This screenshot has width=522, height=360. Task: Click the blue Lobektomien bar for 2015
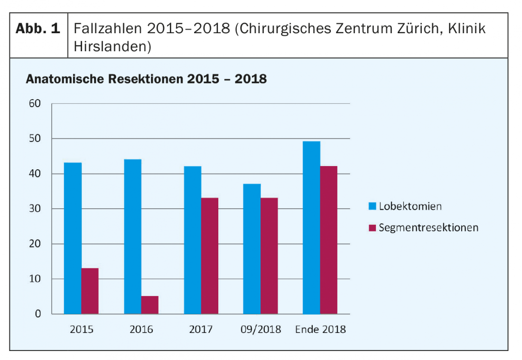(x=73, y=238)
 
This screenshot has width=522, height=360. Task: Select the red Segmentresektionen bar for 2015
(x=90, y=291)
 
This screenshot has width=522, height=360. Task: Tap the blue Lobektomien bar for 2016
(x=132, y=236)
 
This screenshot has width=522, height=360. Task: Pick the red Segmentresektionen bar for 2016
(x=149, y=305)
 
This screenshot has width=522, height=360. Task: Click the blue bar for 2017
(x=192, y=240)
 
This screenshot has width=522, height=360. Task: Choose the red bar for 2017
(x=209, y=256)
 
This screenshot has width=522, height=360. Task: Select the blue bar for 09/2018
(x=252, y=249)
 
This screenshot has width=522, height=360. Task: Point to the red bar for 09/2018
(x=269, y=256)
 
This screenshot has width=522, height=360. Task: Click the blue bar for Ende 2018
(x=311, y=228)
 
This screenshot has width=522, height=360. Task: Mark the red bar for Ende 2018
(x=328, y=240)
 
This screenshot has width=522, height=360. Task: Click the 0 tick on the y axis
(x=38, y=314)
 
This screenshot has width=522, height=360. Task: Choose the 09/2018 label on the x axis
(x=261, y=329)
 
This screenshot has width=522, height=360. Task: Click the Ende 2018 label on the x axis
(x=320, y=329)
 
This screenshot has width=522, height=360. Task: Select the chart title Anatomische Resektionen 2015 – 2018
(x=146, y=79)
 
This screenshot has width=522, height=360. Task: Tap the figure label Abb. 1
(x=38, y=28)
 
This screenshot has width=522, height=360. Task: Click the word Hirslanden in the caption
(x=112, y=46)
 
